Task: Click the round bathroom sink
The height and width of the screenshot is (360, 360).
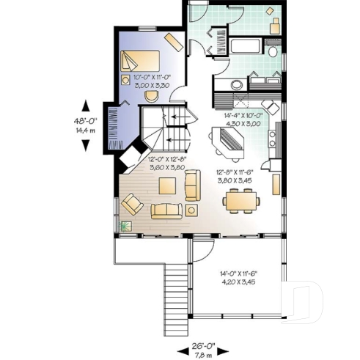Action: [238, 84]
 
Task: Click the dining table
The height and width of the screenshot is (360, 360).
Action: [241, 199]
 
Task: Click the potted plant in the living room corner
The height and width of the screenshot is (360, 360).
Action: [125, 227]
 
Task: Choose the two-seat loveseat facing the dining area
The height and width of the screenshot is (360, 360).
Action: [193, 185]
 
